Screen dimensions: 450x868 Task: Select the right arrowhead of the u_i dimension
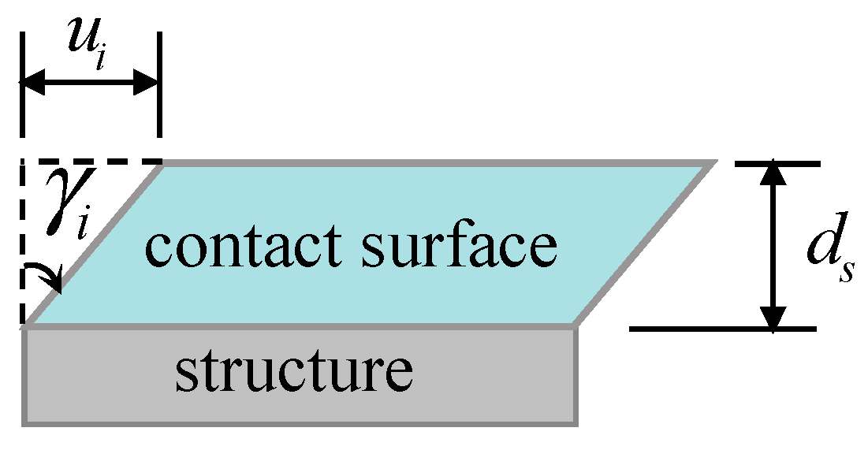tap(148, 81)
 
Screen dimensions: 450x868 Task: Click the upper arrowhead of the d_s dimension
tap(777, 173)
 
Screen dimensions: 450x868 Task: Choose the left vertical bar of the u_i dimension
tap(23, 83)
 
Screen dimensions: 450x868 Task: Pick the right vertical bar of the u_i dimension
tap(160, 83)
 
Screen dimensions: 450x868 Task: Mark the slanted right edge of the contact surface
tap(645, 244)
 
